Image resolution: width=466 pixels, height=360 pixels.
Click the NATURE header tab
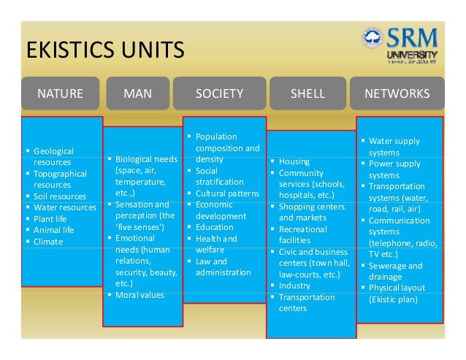coord(61,93)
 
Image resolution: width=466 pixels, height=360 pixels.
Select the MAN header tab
coord(137,93)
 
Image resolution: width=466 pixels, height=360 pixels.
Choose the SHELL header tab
coord(308,93)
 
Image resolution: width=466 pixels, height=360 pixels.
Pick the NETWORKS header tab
coord(397,93)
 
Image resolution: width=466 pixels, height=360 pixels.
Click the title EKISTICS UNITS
coord(104,51)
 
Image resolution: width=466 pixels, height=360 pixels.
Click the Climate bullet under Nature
coord(48,241)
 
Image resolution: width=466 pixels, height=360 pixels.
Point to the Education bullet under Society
coord(214,227)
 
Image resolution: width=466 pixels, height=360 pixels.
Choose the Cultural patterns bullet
coord(226,194)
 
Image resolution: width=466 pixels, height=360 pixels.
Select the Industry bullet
coord(294,286)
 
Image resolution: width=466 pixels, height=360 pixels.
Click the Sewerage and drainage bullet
coord(395,271)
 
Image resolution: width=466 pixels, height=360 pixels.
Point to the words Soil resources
coord(59,196)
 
